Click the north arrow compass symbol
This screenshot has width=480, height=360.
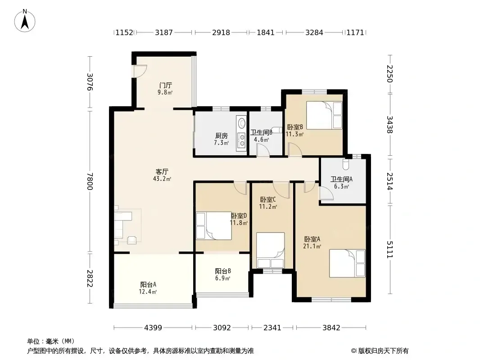[25, 21]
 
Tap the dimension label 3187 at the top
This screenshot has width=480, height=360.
[164, 32]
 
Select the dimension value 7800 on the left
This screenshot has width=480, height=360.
[90, 181]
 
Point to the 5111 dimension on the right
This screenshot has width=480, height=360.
[389, 250]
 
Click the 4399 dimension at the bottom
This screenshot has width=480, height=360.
[153, 328]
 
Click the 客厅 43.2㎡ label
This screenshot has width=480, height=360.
[162, 175]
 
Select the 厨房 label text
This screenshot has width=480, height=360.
[222, 135]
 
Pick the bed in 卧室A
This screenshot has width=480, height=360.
[347, 263]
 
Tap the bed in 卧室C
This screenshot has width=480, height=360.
[271, 250]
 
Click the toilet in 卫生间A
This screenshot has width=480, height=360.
[346, 164]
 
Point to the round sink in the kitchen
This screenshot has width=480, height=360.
[242, 123]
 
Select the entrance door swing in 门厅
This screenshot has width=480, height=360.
[140, 71]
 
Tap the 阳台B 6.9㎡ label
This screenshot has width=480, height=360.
[222, 274]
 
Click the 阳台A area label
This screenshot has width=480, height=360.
[148, 288]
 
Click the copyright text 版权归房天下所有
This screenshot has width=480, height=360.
[383, 351]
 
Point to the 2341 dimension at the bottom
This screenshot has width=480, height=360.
[272, 328]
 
